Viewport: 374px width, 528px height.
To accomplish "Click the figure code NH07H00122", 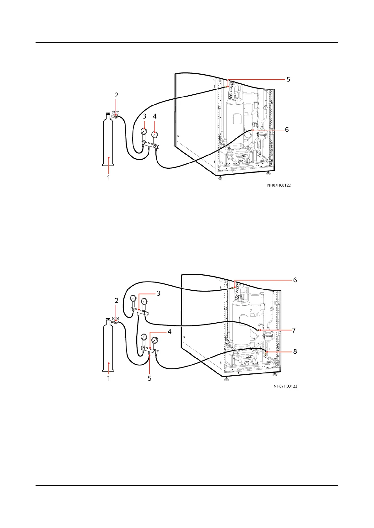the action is [279, 185].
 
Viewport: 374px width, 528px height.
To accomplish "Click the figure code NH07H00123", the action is [285, 386].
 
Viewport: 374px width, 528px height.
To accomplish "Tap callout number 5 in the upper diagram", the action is [288, 79].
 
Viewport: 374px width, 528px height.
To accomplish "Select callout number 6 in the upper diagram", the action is [287, 129].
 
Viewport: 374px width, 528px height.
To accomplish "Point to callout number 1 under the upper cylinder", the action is [109, 178].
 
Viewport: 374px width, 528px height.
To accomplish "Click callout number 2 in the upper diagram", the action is [116, 95].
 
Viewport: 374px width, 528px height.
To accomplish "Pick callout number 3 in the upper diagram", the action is [144, 116].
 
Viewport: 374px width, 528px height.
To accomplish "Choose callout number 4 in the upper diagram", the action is [154, 116].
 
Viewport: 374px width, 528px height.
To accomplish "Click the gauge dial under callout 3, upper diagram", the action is [144, 131].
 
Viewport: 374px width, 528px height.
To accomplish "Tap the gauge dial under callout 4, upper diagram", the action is [154, 135].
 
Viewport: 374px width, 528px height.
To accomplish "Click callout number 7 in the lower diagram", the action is [294, 330].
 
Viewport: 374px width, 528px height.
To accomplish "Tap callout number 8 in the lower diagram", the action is [295, 351].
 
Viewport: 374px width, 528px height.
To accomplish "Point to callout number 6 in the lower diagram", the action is [295, 280].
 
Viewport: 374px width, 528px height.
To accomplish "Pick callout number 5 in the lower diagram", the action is [149, 378].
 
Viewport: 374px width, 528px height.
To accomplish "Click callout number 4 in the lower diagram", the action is [169, 331].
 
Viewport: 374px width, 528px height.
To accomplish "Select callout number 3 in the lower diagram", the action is [159, 293].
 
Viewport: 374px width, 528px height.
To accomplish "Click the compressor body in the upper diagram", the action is [236, 122].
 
